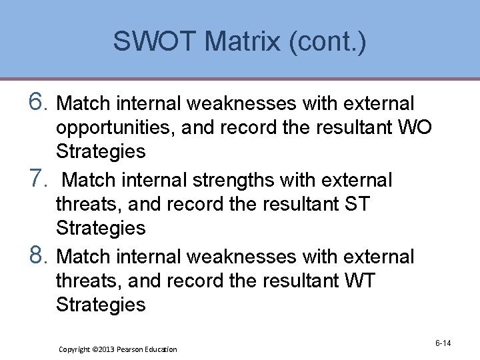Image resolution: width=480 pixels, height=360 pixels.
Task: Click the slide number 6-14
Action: tap(443, 343)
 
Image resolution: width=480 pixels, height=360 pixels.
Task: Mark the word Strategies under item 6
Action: tap(101, 151)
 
